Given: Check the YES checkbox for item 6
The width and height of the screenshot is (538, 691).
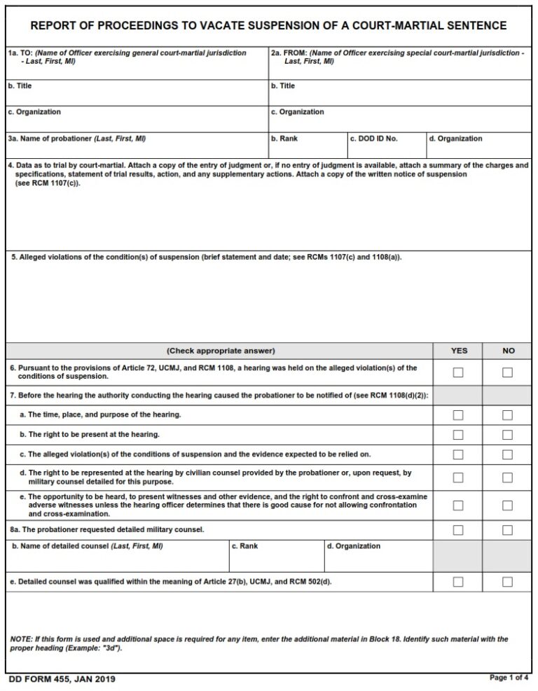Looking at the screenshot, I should (458, 372).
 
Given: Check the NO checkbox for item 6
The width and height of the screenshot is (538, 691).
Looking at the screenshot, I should (507, 372).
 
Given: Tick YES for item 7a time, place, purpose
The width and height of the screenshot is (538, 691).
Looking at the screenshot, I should (458, 415).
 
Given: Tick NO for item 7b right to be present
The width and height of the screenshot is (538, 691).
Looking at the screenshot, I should (507, 435).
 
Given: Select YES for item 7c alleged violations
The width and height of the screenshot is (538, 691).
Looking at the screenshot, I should (458, 454).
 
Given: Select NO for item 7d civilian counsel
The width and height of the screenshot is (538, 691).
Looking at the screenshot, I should (507, 477).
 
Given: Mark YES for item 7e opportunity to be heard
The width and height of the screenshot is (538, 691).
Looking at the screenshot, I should (458, 505).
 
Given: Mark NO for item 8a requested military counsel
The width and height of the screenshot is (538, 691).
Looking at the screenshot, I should (507, 530).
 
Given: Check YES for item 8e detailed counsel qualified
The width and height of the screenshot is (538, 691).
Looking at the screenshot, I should (458, 582).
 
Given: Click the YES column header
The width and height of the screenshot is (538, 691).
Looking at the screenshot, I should (458, 351).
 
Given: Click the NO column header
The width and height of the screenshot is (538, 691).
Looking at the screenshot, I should (508, 351).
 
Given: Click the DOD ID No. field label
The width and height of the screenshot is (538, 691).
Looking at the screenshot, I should (374, 139).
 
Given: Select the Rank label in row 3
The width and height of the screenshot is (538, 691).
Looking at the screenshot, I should (289, 139).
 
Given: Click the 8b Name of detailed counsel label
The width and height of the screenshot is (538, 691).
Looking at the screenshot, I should (88, 546).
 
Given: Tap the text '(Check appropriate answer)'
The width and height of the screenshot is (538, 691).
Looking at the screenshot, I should (221, 351).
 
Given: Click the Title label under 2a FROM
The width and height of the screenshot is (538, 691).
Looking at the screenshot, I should (287, 86).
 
